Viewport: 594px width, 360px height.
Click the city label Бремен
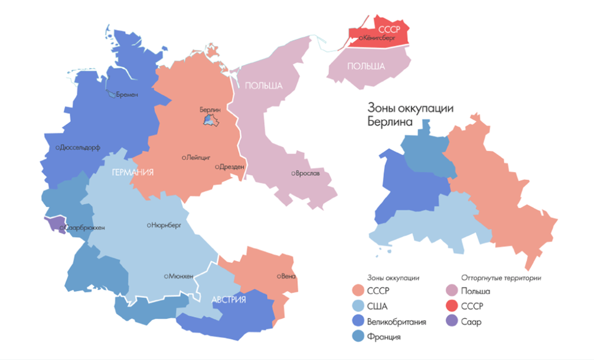point(127,95)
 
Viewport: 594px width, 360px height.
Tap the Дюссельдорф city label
point(79,147)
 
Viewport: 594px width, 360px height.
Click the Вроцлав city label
point(307,173)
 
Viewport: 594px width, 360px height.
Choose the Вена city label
point(289,276)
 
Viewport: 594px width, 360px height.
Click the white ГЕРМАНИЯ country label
point(132,173)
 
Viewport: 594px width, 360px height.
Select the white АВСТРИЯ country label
point(229,300)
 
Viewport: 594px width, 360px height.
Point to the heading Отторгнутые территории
point(501,278)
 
